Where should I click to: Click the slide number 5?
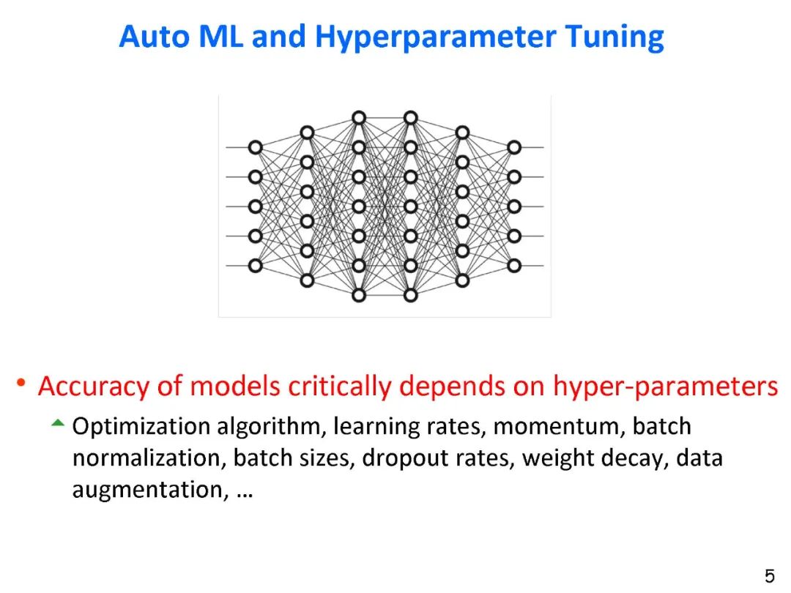[770, 575]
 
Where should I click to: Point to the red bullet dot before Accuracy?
[22, 382]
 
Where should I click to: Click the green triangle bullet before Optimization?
[58, 423]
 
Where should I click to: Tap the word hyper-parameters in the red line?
[665, 386]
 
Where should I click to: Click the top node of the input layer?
[255, 147]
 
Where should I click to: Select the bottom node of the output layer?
[514, 266]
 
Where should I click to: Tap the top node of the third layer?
[359, 117]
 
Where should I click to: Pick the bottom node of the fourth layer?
[411, 295]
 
